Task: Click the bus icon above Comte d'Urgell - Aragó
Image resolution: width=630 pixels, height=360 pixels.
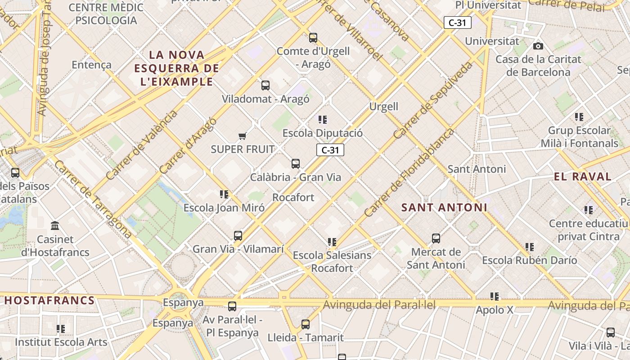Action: coord(313,38)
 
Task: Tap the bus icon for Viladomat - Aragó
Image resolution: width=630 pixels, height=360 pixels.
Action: coord(265,85)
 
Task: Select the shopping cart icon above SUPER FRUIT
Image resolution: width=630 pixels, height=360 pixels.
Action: coord(242,136)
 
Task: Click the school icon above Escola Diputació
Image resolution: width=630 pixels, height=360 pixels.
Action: coord(323,120)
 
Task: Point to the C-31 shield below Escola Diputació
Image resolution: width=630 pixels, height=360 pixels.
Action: coord(330,150)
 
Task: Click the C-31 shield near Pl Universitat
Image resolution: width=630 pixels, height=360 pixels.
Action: coord(457,22)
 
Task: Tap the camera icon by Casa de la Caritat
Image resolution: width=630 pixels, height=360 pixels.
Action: coord(538,46)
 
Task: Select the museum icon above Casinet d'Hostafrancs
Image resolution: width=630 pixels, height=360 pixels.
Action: coord(55,225)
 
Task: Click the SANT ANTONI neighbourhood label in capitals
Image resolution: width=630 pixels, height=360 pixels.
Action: coord(444,207)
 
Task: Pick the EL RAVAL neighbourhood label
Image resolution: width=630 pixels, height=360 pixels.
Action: coord(583,176)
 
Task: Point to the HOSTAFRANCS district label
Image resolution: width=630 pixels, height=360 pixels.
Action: coord(49,301)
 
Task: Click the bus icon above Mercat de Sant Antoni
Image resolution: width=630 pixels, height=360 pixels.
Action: coord(436,238)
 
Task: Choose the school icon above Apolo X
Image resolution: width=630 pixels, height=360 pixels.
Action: coord(495,297)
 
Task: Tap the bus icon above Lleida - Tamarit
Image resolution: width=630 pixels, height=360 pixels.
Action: coord(306,324)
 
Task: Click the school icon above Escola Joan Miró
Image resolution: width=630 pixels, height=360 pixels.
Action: coord(224,194)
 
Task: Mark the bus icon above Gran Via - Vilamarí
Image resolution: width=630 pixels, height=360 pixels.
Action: coord(238,235)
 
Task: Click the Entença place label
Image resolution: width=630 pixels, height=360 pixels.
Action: coord(91,65)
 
